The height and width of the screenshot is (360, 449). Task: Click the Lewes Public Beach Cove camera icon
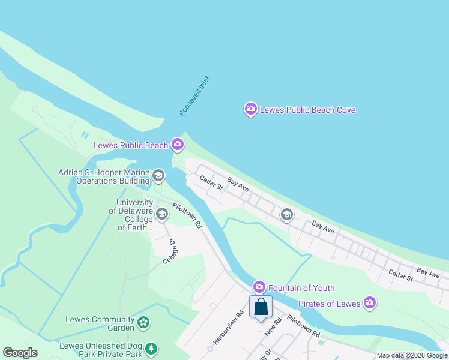[250, 109]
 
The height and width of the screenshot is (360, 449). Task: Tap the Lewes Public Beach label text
[131, 145]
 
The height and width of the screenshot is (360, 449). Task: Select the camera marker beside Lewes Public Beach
[177, 144]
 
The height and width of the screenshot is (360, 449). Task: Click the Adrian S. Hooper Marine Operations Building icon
[158, 176]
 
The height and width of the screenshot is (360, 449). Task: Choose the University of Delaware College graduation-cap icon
[161, 214]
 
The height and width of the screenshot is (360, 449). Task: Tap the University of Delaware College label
[134, 215]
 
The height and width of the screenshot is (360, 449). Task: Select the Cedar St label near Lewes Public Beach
[211, 183]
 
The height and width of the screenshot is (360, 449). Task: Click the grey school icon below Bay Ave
[287, 214]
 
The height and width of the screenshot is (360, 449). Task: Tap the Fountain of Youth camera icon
[259, 288]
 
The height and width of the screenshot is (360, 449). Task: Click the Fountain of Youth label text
[301, 289]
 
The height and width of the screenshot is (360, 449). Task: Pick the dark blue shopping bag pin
[261, 307]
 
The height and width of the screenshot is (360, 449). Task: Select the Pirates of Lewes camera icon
[370, 303]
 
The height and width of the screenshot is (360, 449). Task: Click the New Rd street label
[273, 328]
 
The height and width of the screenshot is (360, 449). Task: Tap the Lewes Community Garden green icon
[143, 323]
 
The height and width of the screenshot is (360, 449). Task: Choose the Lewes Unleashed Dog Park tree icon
[152, 349]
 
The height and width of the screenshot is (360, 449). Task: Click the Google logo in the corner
[20, 353]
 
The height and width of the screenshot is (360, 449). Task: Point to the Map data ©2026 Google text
[412, 356]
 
